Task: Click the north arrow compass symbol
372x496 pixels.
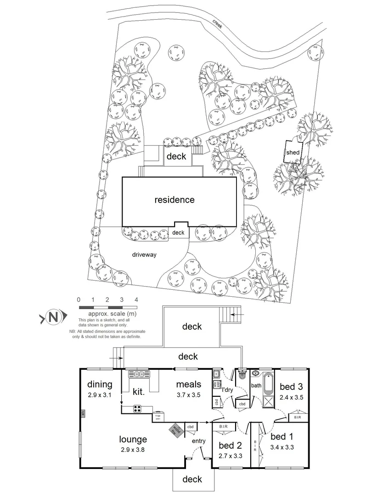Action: coord(54,316)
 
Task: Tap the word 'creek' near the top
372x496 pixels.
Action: coord(217,24)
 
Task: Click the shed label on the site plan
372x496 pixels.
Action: coord(293,152)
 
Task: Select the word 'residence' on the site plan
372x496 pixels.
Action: coord(174,200)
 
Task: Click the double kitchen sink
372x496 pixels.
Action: coord(140,374)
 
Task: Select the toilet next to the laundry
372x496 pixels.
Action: coord(242,376)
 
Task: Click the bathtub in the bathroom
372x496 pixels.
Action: coord(268,382)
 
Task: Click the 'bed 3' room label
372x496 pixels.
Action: coord(291,386)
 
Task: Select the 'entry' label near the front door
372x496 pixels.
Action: coord(199,441)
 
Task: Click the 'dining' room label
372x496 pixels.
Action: coord(100,384)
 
